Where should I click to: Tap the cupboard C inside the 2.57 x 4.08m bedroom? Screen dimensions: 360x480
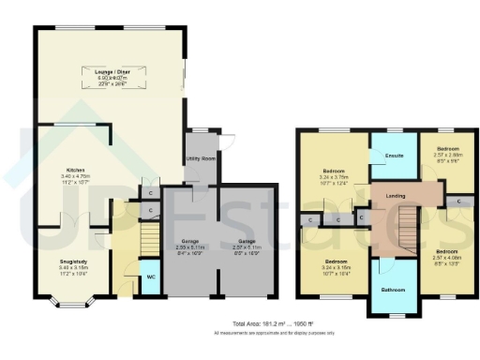click(458, 201)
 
